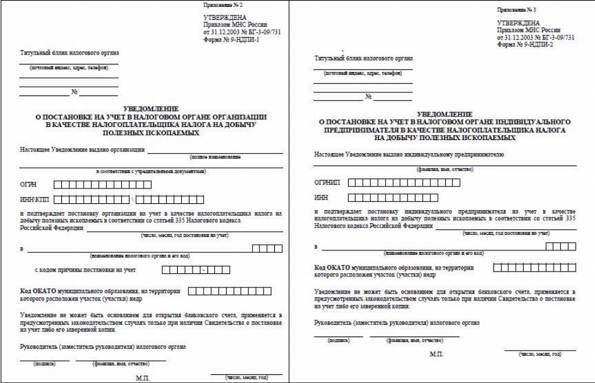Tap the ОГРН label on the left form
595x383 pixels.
click(28, 185)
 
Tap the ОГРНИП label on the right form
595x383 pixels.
click(327, 182)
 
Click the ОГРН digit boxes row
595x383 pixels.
click(102, 185)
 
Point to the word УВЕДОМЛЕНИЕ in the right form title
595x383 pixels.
click(445, 114)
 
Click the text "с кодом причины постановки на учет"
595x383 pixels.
click(85, 270)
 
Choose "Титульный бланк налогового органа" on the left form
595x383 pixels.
click(69, 53)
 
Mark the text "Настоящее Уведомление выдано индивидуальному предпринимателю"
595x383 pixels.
click(409, 154)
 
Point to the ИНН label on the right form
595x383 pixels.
click(321, 198)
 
